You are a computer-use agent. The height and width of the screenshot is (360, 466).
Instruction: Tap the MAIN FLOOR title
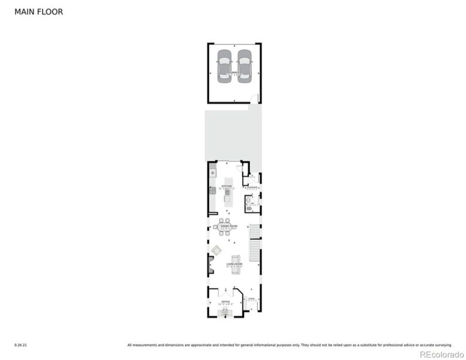(38, 11)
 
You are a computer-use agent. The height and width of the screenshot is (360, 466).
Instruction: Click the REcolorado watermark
(441, 354)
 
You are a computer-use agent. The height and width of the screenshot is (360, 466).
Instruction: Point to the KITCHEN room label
(227, 187)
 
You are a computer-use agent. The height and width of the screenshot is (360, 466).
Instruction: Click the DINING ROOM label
(226, 226)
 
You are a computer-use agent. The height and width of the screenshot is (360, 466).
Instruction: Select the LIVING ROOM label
(234, 264)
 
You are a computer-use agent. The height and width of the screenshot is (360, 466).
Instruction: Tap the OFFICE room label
(226, 302)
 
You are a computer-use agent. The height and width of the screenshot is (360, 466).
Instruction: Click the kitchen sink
(212, 173)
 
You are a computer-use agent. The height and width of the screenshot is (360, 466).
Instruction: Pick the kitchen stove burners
(212, 191)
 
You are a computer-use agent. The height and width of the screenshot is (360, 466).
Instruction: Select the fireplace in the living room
(210, 262)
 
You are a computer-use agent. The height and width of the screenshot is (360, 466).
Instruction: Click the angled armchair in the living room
(217, 250)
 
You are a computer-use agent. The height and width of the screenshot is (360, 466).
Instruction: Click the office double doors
(226, 291)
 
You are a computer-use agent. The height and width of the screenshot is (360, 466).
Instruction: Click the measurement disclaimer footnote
(289, 345)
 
